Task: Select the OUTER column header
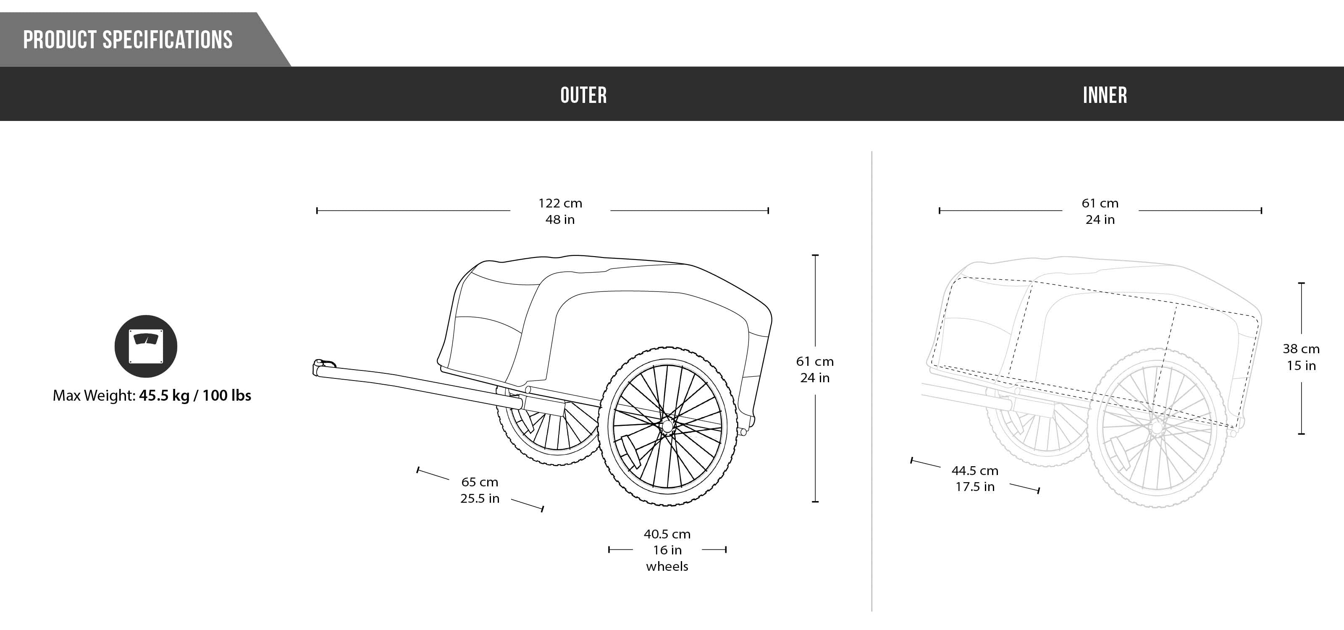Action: point(583,95)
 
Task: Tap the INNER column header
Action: point(1105,95)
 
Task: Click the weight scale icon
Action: point(146,346)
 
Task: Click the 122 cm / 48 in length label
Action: point(560,211)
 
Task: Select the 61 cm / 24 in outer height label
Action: point(815,369)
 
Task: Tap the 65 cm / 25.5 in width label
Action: point(480,490)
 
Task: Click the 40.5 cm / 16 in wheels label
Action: point(667,550)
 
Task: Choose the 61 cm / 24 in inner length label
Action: point(1100,211)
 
